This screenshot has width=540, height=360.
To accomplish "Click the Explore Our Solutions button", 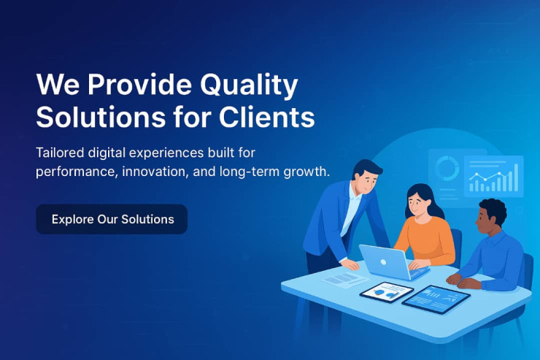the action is point(112,219).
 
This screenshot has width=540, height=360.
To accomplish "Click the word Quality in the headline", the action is point(249,85).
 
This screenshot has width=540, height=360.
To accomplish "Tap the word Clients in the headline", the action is point(266,117).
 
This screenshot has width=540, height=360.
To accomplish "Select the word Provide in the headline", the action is point(139,84).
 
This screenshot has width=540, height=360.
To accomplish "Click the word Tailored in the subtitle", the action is point(60,153).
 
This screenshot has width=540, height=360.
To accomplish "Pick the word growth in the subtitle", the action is point(306,172).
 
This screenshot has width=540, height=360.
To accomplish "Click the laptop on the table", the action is point(393,262).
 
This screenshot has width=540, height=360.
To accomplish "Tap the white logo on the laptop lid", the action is point(383,262).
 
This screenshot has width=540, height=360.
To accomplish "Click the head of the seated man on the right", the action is point(491,216).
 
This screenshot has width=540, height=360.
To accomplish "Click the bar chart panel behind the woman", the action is point(493,177).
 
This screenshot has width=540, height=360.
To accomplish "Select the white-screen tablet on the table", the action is point(387,292).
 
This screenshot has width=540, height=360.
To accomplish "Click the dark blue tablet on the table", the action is point(436,299).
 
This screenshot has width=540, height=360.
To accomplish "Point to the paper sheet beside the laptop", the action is point(344,279).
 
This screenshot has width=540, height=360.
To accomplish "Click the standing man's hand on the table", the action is point(350,264).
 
